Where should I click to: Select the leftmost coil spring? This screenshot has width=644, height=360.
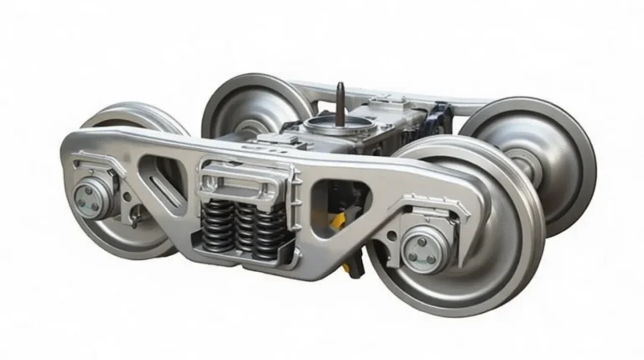213,224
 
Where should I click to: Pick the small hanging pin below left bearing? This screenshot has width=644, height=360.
132,220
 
